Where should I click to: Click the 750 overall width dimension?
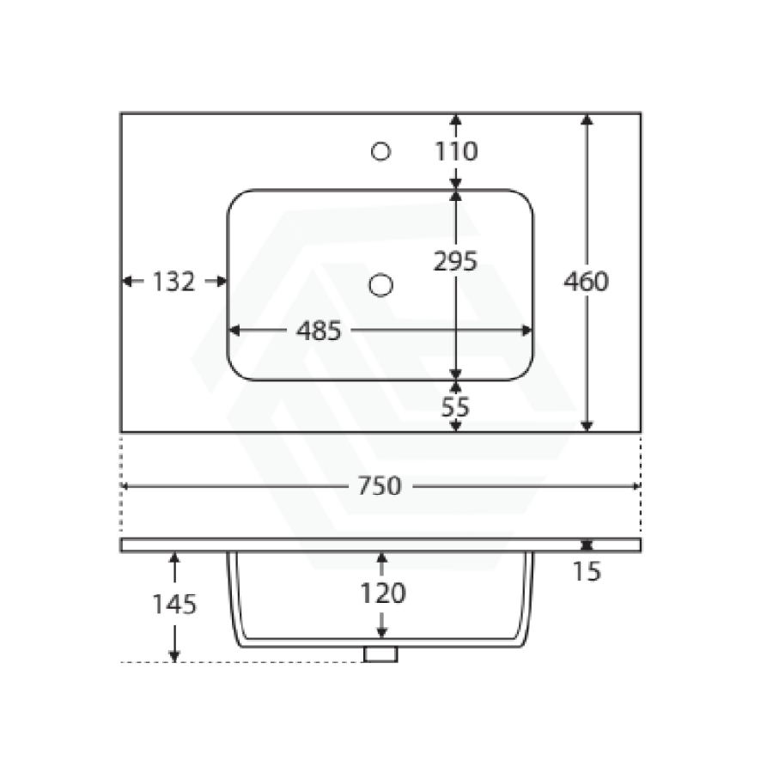tap(379, 486)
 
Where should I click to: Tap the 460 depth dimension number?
tap(586, 282)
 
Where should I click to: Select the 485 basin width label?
tap(319, 331)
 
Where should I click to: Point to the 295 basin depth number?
tap(455, 261)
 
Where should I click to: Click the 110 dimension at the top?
tap(456, 151)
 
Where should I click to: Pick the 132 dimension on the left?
tap(173, 282)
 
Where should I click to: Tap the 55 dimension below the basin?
tap(455, 407)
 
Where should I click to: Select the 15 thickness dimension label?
tap(587, 572)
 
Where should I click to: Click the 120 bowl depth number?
tap(382, 593)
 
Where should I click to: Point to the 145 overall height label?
tap(174, 605)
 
